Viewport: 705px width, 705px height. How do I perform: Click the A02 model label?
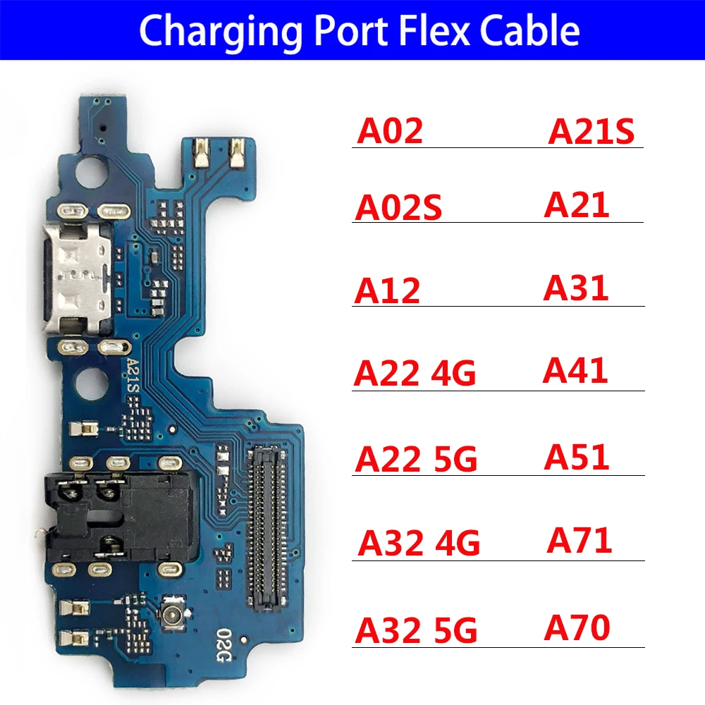coord(390,131)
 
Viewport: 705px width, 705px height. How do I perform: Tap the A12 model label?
coord(387,290)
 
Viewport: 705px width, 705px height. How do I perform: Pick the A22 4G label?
coord(415,374)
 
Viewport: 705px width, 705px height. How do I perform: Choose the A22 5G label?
coord(416,459)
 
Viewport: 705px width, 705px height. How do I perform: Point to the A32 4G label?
coord(419,544)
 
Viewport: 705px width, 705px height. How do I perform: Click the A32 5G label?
coord(416,630)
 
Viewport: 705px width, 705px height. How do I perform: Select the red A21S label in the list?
coord(591,131)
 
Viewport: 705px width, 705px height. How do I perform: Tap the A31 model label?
coord(576,288)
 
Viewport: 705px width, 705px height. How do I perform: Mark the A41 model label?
coord(575,372)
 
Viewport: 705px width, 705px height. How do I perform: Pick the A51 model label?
coord(576,458)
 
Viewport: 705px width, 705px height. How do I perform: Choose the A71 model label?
coord(580,541)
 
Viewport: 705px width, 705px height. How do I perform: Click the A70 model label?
coord(577,628)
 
